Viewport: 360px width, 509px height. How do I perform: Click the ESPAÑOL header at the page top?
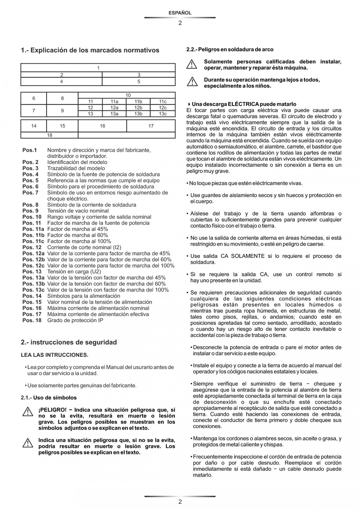[x=180, y=13]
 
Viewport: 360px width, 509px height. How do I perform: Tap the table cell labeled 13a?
[x=114, y=114]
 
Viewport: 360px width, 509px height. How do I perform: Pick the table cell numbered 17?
[x=151, y=126]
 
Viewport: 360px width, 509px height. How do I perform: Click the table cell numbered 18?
[x=49, y=135]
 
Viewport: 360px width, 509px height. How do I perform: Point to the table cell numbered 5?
[x=139, y=82]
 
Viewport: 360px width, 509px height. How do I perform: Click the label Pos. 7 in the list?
[x=31, y=192]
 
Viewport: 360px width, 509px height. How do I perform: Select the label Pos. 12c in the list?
[x=33, y=266]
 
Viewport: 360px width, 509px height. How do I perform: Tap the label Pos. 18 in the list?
[x=32, y=320]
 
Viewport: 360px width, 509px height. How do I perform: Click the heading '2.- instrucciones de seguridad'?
[x=69, y=342]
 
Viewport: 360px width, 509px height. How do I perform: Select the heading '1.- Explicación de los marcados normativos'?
[x=90, y=50]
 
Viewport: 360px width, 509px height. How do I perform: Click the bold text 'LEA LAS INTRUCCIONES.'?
[x=54, y=355]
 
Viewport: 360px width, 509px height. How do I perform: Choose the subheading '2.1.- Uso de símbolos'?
[x=49, y=397]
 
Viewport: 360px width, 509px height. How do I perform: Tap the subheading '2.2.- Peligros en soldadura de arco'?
[x=230, y=50]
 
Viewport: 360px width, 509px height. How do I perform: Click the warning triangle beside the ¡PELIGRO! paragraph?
[x=27, y=412]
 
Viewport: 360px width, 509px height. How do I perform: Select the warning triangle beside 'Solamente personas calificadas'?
[x=192, y=64]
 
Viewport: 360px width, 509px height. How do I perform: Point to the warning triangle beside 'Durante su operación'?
[x=192, y=82]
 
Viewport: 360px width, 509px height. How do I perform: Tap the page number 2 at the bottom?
[x=180, y=502]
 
